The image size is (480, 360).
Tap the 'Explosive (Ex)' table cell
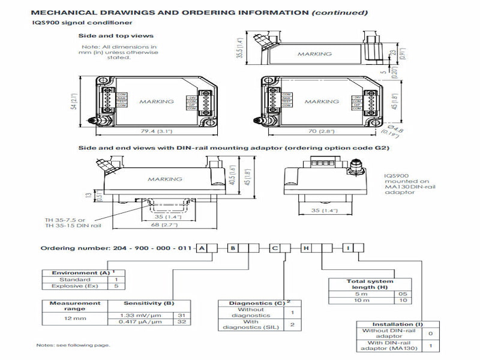[75, 286]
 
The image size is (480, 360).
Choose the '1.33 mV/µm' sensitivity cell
[138, 316]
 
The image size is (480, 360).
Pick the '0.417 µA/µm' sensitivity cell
[138, 323]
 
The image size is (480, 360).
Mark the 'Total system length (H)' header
[370, 284]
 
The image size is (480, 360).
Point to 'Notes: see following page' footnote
[73, 345]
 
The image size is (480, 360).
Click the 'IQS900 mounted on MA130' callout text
[401, 184]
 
